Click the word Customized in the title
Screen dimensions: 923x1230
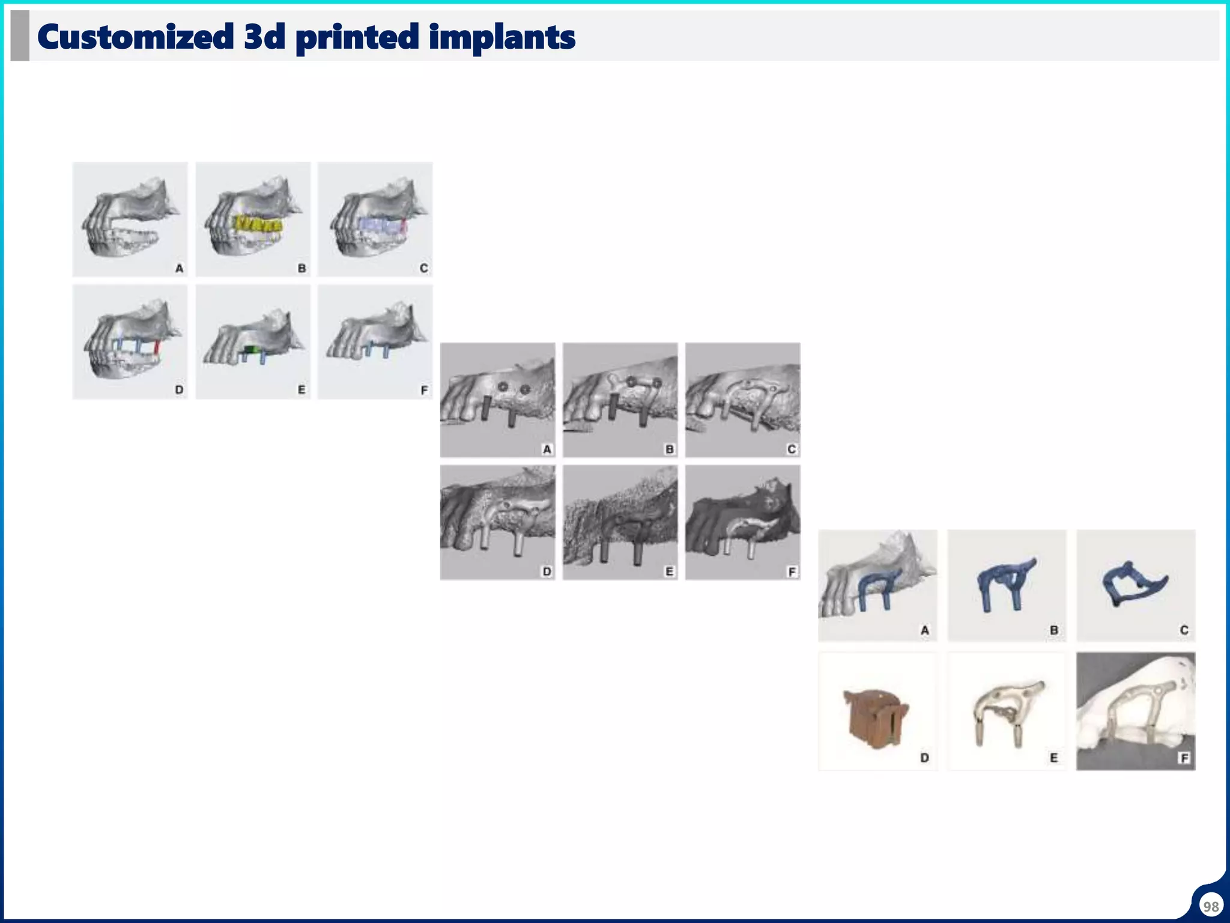[x=135, y=37]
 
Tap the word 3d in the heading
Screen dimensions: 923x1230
[x=264, y=37]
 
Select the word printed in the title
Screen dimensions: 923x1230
[x=357, y=37]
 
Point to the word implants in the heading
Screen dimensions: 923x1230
[x=502, y=37]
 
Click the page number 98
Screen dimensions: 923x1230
[x=1211, y=906]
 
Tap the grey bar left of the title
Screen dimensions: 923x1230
[x=20, y=36]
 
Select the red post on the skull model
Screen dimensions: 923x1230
[x=157, y=347]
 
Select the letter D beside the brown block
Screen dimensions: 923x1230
[x=924, y=758]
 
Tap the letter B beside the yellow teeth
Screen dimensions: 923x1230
[x=301, y=268]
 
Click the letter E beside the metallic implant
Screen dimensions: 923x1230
[x=1053, y=758]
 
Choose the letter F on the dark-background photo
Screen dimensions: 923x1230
[x=1184, y=758]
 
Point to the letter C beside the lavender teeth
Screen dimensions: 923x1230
[x=424, y=268]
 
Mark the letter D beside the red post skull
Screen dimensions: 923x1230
[x=179, y=390]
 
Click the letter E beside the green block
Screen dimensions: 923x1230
[x=301, y=390]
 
